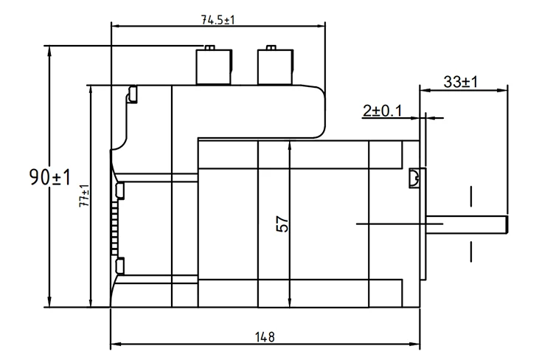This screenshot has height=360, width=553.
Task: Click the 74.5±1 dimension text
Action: coord(218,20)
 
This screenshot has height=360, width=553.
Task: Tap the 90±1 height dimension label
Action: coord(50,177)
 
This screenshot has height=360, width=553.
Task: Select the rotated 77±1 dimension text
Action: coord(84,196)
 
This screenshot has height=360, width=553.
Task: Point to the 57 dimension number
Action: coord(282,224)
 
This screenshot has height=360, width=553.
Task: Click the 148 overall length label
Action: coord(265,337)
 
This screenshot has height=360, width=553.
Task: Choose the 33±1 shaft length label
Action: coord(460,82)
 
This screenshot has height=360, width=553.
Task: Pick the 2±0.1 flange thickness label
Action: coord(382,111)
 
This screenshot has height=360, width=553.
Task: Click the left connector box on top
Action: coord(214,67)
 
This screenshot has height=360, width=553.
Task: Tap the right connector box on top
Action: coord(276,67)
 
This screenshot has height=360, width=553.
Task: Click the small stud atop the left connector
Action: coord(210,48)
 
